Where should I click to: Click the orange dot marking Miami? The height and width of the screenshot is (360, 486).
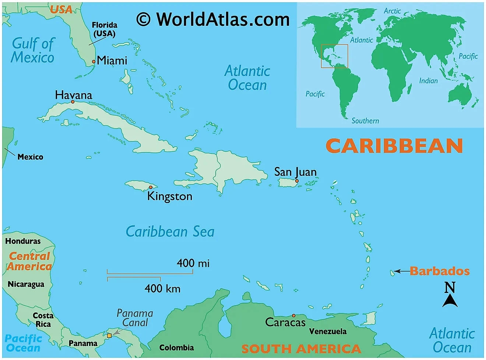(x=94, y=62)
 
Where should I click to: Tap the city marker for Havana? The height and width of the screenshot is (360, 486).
(x=73, y=102)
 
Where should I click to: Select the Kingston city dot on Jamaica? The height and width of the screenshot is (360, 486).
(x=151, y=187)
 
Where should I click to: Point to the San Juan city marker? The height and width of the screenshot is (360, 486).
(x=297, y=181)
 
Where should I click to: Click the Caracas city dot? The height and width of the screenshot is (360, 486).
(x=293, y=315)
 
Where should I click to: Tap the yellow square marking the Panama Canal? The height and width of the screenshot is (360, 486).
(x=109, y=336)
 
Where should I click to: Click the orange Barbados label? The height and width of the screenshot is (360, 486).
(x=440, y=271)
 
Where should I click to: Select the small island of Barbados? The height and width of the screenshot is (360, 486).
(x=392, y=273)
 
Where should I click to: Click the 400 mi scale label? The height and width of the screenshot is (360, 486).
(x=193, y=263)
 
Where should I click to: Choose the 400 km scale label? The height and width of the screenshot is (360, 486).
(x=162, y=289)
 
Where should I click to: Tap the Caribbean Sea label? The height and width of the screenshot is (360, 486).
(x=170, y=232)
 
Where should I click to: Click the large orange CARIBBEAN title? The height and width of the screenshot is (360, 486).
(x=394, y=146)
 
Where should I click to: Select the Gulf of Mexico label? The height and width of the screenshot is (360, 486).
(x=33, y=50)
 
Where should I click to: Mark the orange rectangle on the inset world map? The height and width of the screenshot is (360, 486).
(x=334, y=56)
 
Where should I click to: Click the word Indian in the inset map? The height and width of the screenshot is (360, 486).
(x=428, y=81)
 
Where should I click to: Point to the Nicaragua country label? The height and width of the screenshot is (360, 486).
(x=26, y=284)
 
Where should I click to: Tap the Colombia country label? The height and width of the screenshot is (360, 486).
(x=176, y=347)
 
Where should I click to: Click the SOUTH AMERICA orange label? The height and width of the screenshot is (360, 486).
(x=301, y=349)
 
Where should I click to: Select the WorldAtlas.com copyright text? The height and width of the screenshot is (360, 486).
(x=213, y=19)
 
